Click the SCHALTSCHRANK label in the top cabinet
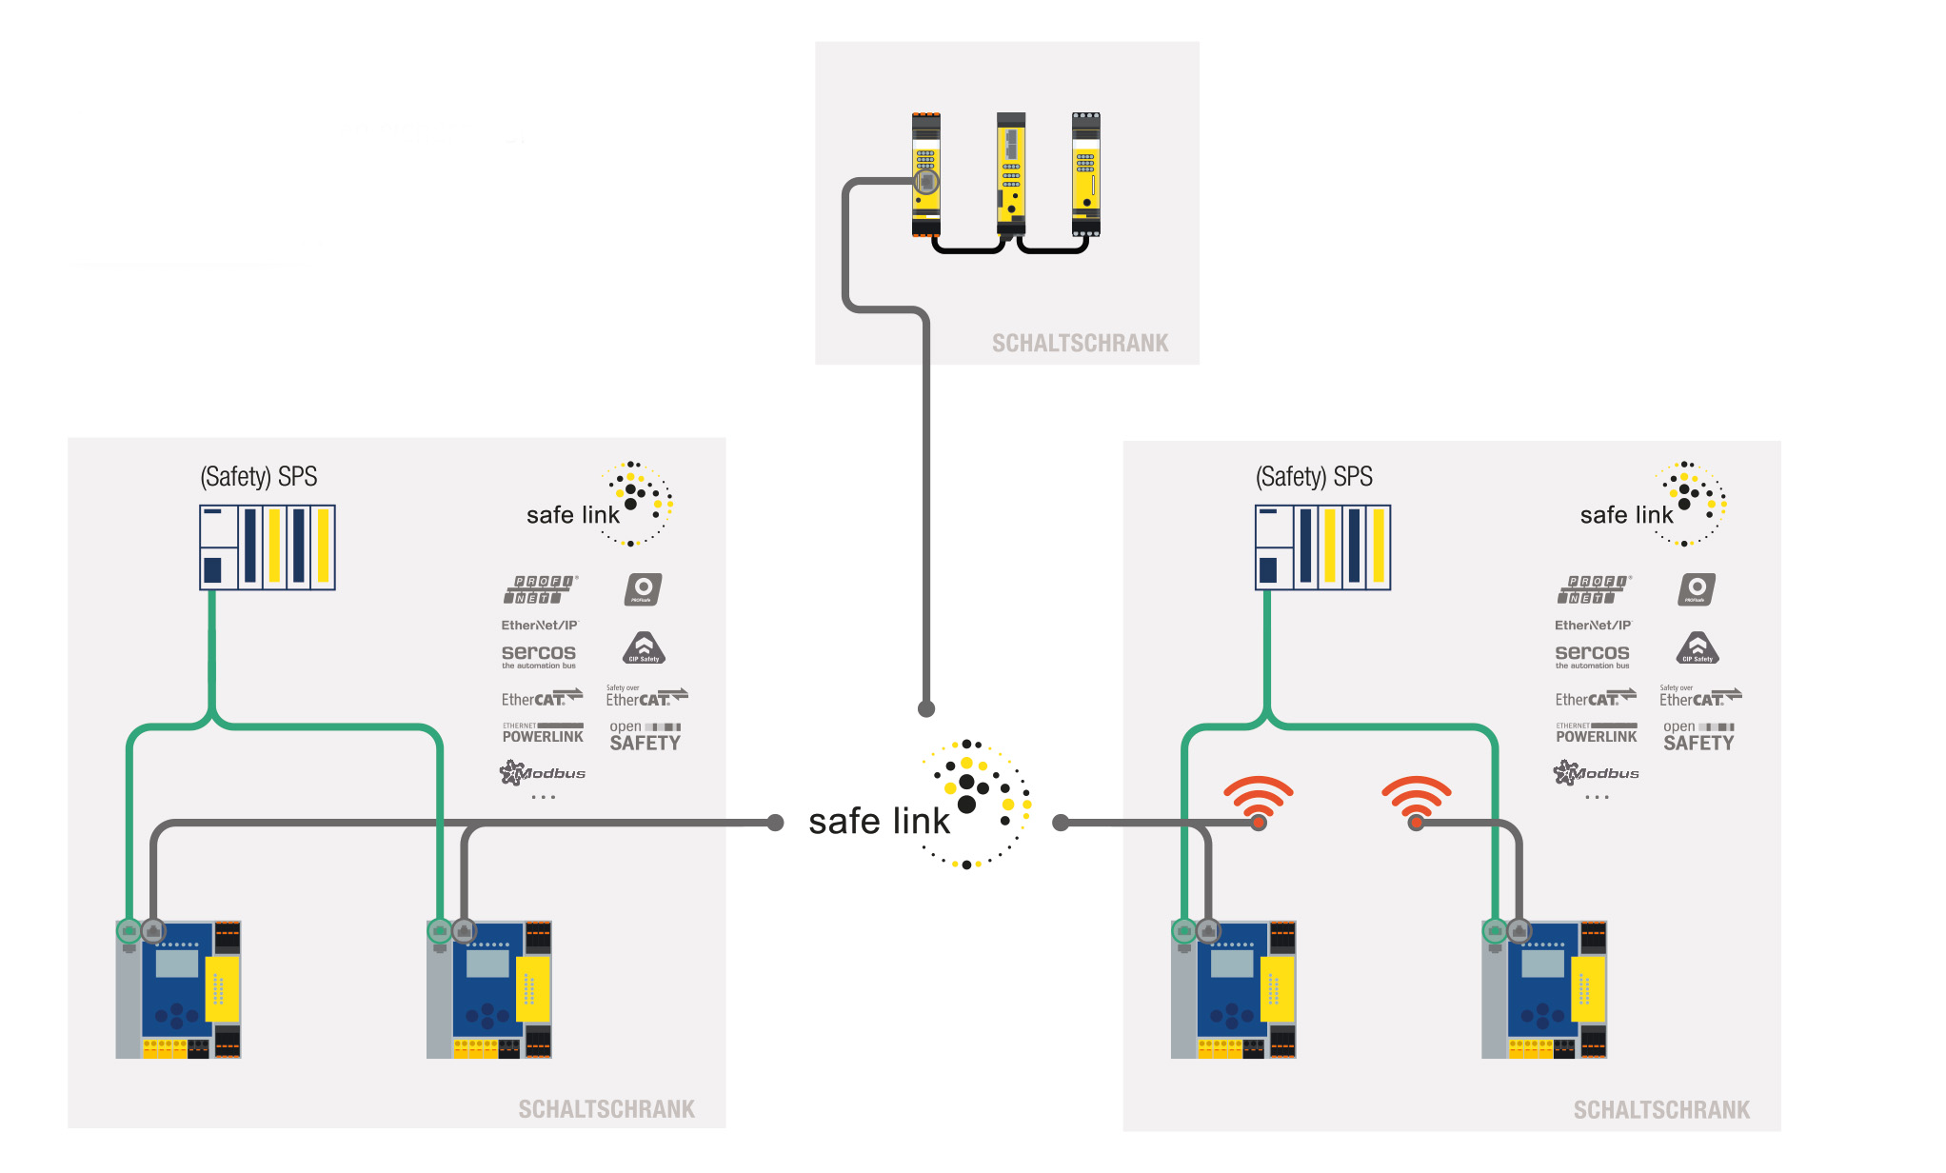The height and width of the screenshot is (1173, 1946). tap(1080, 344)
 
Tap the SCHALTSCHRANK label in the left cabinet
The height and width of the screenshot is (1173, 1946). tap(606, 1109)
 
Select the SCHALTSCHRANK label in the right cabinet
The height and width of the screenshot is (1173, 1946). tap(1661, 1110)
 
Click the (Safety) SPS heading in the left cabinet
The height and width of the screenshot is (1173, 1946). tap(259, 476)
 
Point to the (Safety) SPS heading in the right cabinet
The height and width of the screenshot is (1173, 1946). tap(1314, 476)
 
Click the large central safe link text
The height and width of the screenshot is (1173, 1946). tap(879, 822)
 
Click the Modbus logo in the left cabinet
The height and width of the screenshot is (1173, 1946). tap(543, 772)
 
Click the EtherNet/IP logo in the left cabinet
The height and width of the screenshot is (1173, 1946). tap(540, 626)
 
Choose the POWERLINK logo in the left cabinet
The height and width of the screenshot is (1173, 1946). tap(543, 733)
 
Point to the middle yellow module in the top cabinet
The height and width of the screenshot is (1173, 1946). tap(1011, 173)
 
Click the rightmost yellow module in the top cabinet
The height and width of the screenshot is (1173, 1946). tap(1086, 173)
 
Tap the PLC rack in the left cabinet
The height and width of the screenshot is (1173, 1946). tap(268, 547)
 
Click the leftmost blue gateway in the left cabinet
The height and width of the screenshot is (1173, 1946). tap(179, 989)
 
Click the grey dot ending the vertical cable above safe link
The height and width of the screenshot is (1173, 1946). tap(926, 708)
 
